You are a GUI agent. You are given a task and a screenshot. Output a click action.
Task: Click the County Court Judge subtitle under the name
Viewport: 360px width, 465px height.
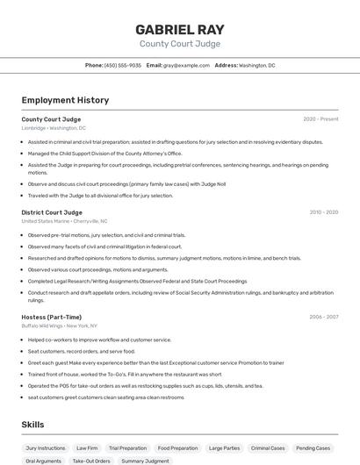179,44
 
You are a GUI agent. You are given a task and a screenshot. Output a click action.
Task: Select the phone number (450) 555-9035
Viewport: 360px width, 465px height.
122,65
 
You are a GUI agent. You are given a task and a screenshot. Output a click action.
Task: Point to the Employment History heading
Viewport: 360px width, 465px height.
65,100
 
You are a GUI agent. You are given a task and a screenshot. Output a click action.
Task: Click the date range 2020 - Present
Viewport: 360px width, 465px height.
320,119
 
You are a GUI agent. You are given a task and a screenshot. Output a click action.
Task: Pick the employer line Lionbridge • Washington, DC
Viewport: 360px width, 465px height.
54,128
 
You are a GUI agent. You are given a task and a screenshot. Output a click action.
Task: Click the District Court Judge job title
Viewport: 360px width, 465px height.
52,212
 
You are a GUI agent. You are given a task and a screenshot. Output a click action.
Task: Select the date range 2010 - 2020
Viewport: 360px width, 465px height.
323,212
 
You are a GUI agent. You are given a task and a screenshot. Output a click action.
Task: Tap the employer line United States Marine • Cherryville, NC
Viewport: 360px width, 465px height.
64,221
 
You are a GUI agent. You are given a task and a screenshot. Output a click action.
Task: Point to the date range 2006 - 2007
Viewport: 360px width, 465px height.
323,317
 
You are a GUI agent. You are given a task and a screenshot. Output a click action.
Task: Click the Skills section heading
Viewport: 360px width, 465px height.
32,425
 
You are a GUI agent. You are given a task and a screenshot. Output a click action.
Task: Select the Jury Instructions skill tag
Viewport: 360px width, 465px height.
46,448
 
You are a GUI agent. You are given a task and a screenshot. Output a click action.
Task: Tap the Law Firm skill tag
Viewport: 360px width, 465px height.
87,448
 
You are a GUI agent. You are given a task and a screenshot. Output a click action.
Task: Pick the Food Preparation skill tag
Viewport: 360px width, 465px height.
177,448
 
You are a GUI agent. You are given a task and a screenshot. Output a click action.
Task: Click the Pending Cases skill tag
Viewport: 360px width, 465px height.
313,448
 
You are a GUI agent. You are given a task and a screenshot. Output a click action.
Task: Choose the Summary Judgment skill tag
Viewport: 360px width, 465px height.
145,461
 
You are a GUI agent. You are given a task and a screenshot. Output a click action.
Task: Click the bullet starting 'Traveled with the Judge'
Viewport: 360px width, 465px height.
100,196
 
